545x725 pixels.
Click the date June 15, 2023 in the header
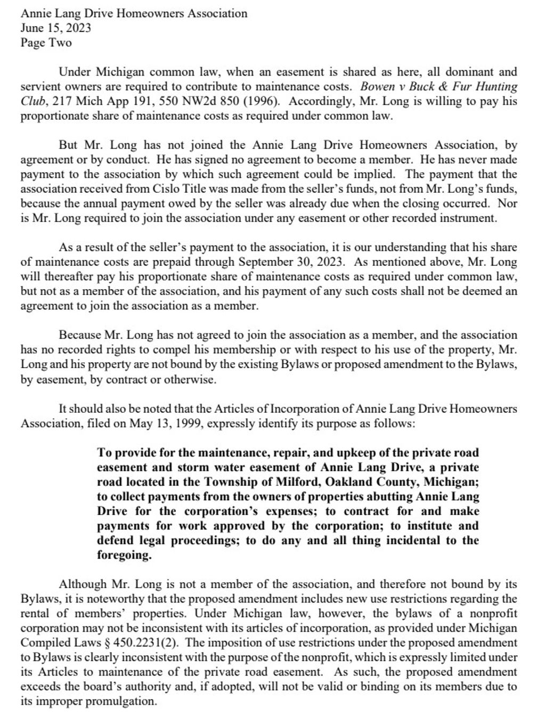click(x=55, y=28)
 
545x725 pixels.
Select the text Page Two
click(x=46, y=43)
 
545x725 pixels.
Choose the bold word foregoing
click(x=124, y=555)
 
